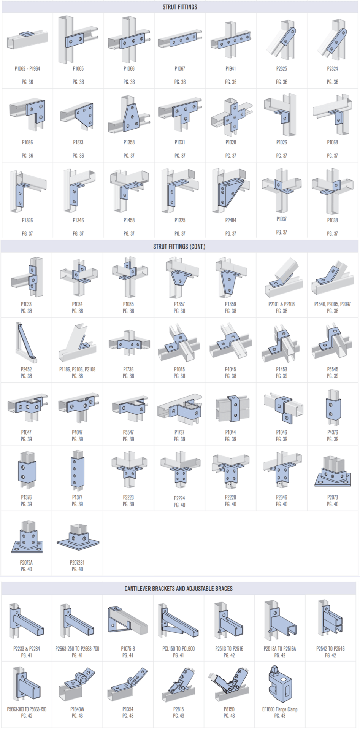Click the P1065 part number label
[x=78, y=69]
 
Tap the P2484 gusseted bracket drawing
[x=230, y=189]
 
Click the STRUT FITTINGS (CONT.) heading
[x=179, y=246]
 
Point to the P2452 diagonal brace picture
[x=26, y=343]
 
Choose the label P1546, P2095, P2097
[x=332, y=304]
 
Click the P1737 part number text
[x=179, y=432]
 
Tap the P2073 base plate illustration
[x=332, y=473]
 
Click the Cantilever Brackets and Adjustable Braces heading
[x=179, y=589]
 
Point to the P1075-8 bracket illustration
[x=128, y=620]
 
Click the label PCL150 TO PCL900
[x=179, y=649]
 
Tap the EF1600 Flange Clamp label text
[x=280, y=709]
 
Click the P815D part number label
[x=229, y=709]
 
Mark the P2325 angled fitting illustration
[x=282, y=42]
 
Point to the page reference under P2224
[x=179, y=505]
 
